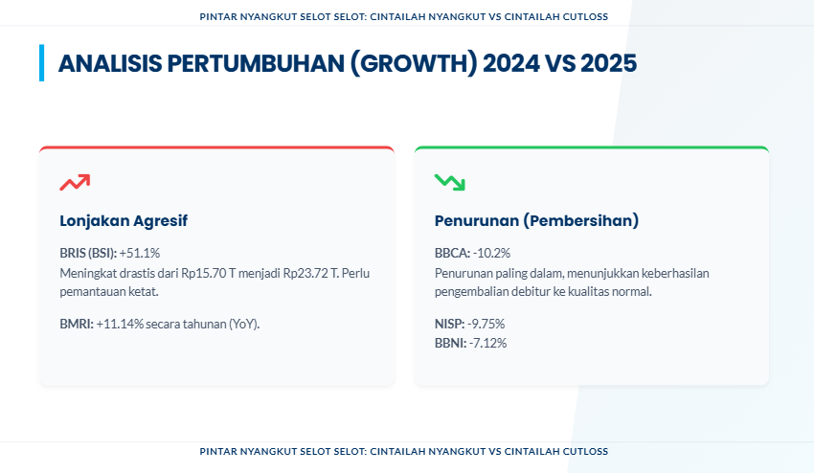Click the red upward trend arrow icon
click(75, 182)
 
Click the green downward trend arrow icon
click(449, 182)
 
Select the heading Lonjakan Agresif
click(124, 220)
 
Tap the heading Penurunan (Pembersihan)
click(536, 220)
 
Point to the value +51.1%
click(140, 253)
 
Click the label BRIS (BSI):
click(88, 253)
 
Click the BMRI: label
click(77, 324)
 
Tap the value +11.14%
click(120, 324)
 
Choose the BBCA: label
click(452, 253)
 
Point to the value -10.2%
click(491, 253)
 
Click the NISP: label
click(449, 324)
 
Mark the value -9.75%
click(486, 324)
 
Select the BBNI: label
click(451, 343)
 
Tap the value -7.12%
click(487, 343)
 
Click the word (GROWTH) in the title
click(414, 63)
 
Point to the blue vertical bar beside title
click(41, 63)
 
